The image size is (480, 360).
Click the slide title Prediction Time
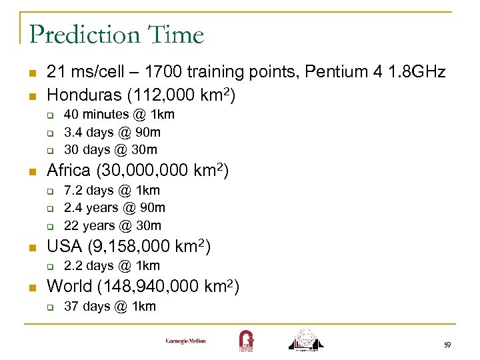(x=117, y=34)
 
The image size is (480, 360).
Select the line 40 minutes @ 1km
(x=119, y=115)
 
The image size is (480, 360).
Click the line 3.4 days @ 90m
(x=112, y=132)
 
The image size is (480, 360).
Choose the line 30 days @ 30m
(x=110, y=149)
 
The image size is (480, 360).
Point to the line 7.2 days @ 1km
(x=111, y=191)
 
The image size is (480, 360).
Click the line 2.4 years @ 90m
(x=114, y=208)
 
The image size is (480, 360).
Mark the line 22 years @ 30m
(x=112, y=225)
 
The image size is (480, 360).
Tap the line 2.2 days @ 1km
(x=111, y=265)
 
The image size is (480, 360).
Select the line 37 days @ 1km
(x=109, y=306)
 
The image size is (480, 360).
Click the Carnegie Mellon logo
(x=186, y=341)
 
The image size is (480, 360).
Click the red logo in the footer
(x=245, y=340)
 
